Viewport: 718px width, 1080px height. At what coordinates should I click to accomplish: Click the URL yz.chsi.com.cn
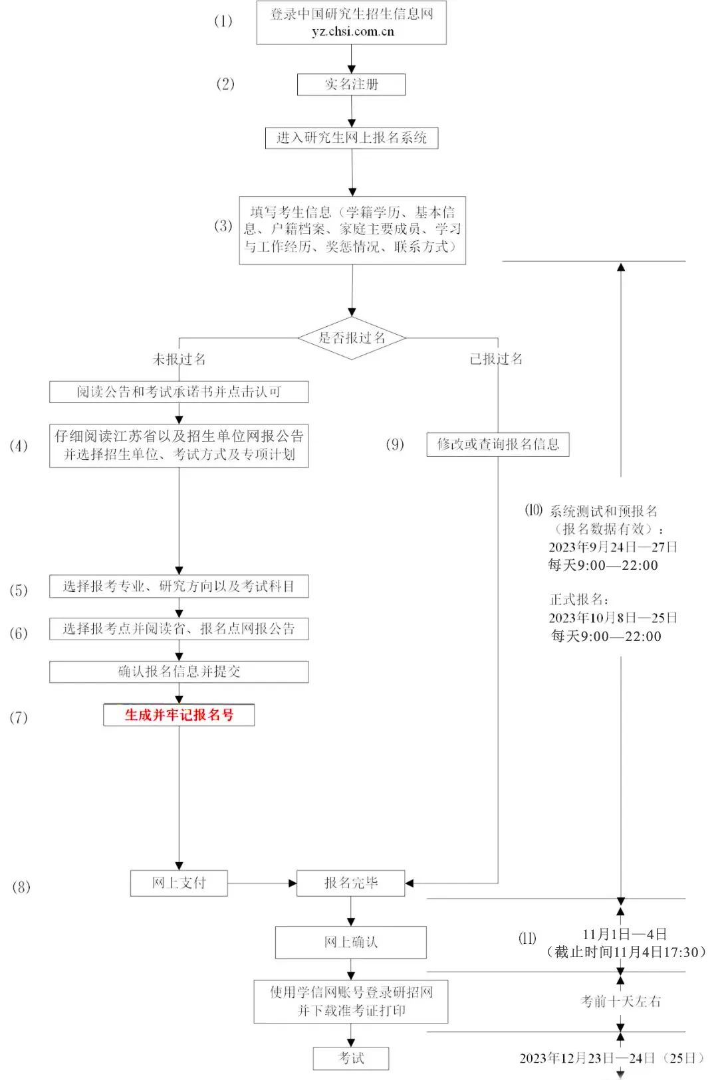[352, 32]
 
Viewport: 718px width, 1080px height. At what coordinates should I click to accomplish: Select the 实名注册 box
[351, 84]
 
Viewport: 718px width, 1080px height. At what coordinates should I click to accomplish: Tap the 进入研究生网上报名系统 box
[352, 138]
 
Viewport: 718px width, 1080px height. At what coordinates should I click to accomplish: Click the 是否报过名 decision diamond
[352, 338]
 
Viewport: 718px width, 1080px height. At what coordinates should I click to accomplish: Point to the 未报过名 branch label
[179, 359]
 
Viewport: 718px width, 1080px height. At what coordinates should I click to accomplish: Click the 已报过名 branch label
[496, 359]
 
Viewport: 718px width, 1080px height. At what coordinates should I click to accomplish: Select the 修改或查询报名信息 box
[498, 444]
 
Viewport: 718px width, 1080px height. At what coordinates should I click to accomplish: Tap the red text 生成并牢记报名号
[179, 715]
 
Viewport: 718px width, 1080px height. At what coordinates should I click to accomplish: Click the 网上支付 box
[179, 883]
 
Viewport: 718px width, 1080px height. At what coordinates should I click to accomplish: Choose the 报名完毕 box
[351, 883]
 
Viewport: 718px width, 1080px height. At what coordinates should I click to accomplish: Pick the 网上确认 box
[351, 943]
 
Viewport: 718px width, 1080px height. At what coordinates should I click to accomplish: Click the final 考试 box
[351, 1058]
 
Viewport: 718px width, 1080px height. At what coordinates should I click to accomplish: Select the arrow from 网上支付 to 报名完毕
[262, 883]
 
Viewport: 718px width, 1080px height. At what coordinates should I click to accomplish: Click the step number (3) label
[223, 226]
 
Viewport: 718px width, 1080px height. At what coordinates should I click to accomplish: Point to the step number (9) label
[395, 444]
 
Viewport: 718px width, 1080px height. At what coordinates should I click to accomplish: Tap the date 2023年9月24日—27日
[612, 547]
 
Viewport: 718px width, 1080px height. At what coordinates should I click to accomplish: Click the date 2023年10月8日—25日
[612, 618]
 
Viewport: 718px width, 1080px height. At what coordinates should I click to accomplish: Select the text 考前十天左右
[621, 1002]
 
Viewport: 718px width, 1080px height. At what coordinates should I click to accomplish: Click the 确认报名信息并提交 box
[179, 672]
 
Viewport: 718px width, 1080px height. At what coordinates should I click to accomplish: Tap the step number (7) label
[19, 717]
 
